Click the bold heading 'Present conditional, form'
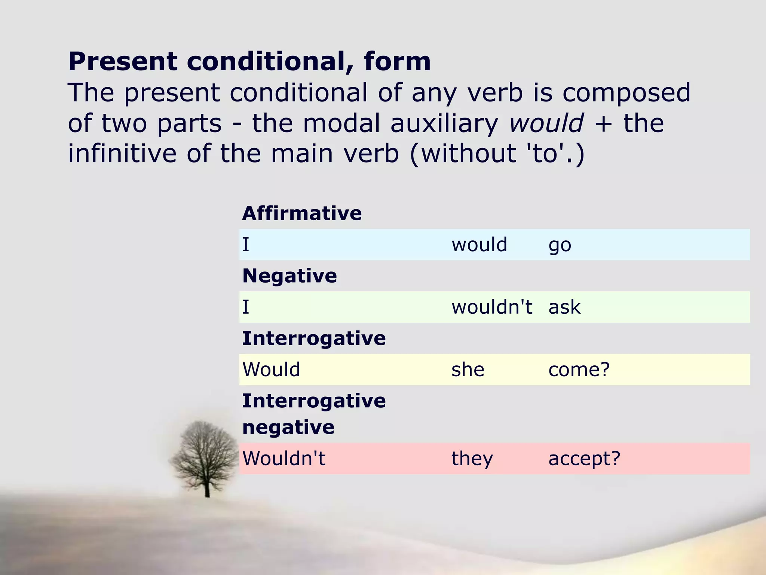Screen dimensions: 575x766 pos(249,61)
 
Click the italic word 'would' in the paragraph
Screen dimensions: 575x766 pos(546,124)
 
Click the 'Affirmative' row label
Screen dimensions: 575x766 pos(302,213)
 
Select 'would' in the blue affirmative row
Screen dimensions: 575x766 pos(479,245)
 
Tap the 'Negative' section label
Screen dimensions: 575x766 pos(289,276)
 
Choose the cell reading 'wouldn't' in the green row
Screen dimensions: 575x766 pos(491,307)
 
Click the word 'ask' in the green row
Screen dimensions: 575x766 pos(564,307)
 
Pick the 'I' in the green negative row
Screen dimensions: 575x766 pos(246,307)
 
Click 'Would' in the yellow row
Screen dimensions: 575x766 pos(271,370)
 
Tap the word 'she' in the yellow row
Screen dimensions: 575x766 pos(468,370)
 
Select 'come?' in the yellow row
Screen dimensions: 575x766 pos(579,370)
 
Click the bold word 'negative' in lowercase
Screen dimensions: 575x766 pos(288,427)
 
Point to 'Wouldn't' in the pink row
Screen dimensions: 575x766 pos(284,459)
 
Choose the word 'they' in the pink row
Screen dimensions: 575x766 pos(472,459)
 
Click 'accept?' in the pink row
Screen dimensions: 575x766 pos(584,459)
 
